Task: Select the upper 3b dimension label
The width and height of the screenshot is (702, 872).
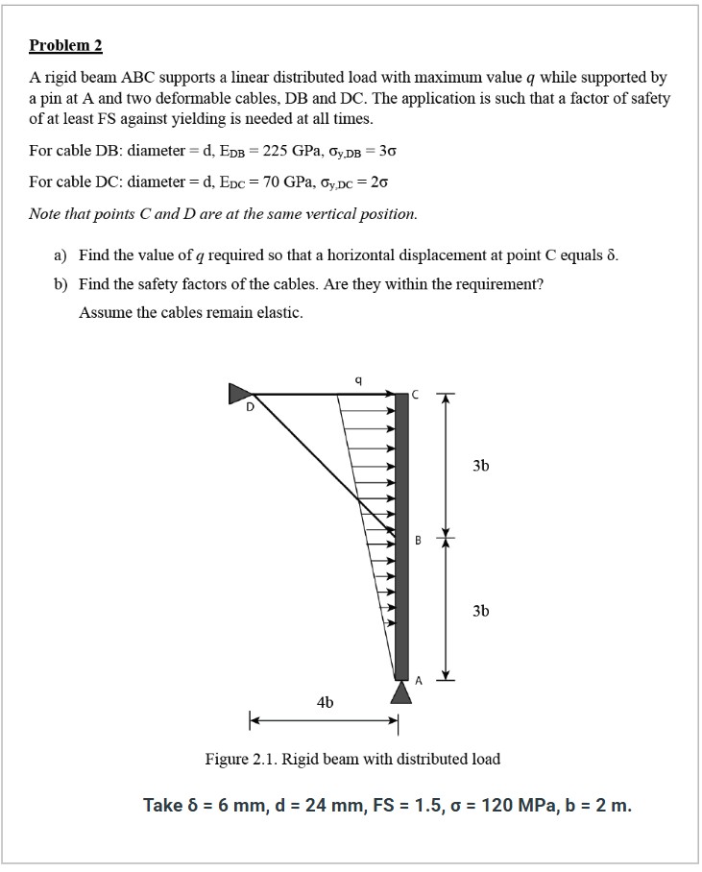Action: click(x=480, y=466)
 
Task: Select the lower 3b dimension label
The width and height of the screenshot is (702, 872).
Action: click(x=480, y=610)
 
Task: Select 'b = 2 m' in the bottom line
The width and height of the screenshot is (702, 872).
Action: click(x=599, y=805)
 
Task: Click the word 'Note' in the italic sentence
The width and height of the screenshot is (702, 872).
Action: click(x=45, y=213)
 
